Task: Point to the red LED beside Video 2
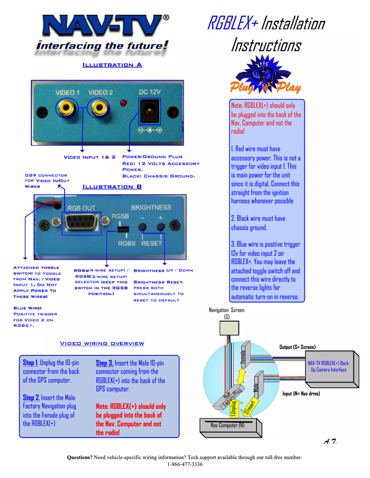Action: (x=124, y=102)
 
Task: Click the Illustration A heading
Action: (x=112, y=65)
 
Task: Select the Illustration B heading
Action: (x=112, y=187)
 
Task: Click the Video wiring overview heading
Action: (x=102, y=343)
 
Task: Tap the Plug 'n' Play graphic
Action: (x=265, y=76)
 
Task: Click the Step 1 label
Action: (x=30, y=363)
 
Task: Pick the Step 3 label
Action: (x=104, y=363)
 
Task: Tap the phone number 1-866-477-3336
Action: (x=185, y=464)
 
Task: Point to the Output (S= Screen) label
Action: (x=298, y=347)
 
